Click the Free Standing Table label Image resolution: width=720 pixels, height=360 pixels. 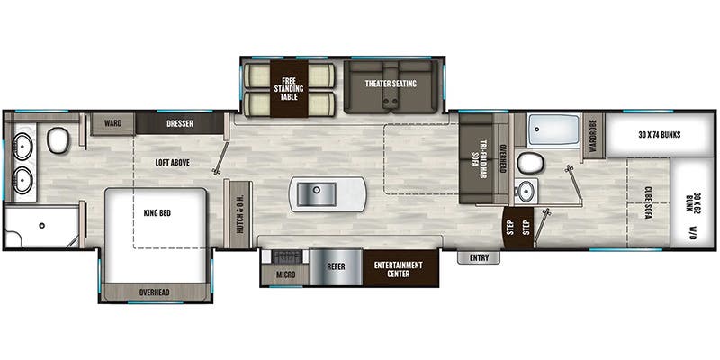(x=289, y=88)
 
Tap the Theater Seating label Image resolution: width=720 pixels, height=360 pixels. (x=391, y=84)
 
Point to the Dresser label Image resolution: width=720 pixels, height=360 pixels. (x=180, y=123)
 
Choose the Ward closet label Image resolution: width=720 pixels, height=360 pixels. (x=112, y=123)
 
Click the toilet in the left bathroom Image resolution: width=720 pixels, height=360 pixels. (x=58, y=140)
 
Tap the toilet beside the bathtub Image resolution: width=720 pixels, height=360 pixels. (x=530, y=163)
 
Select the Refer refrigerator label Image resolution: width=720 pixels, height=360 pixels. (x=336, y=266)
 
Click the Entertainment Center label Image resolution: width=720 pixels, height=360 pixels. (x=398, y=269)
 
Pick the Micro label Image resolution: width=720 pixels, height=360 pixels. (x=285, y=275)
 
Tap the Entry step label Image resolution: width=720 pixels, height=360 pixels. (x=479, y=258)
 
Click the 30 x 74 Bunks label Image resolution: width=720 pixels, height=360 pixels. (x=659, y=135)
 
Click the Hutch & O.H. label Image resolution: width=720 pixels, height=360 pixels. (x=240, y=214)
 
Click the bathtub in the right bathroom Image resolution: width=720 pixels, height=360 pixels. (x=553, y=130)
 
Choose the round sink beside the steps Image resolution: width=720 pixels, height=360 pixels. (x=526, y=191)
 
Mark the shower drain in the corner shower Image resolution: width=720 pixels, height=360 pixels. (x=42, y=226)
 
